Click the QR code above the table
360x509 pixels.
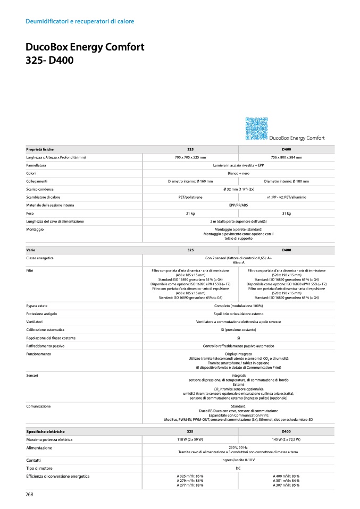pyautogui.click(x=255, y=129)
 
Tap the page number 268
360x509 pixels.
pyautogui.click(x=30, y=494)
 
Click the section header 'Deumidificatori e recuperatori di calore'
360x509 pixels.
pyautogui.click(x=80, y=21)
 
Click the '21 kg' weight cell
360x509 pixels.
pyautogui.click(x=190, y=213)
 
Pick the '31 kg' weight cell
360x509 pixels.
pyautogui.click(x=286, y=213)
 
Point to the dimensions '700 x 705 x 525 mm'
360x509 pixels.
pyautogui.click(x=190, y=157)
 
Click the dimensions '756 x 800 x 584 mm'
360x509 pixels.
pyautogui.click(x=286, y=157)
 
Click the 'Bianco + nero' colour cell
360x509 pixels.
pyautogui.click(x=238, y=173)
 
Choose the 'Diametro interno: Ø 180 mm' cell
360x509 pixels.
pyautogui.click(x=286, y=181)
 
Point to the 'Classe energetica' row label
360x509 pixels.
pyautogui.click(x=40, y=258)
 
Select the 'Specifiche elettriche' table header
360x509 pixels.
pyautogui.click(x=46, y=431)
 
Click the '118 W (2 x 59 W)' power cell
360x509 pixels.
pyautogui.click(x=190, y=440)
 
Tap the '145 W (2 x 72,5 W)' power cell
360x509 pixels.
pyautogui.click(x=286, y=440)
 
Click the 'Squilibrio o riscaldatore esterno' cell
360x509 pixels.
pyautogui.click(x=238, y=314)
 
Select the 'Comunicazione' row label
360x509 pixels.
pyautogui.click(x=39, y=406)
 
